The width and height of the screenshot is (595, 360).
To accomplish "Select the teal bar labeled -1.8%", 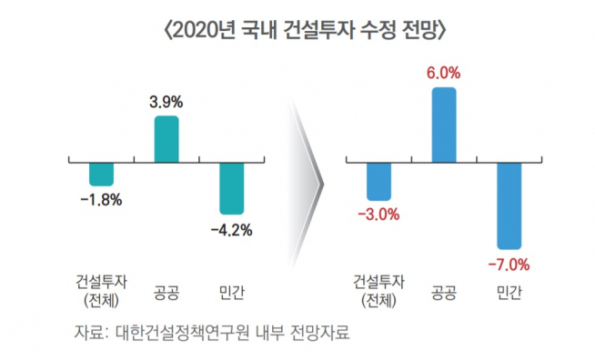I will pyautogui.click(x=101, y=174).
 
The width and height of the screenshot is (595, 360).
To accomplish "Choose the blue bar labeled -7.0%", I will pyautogui.click(x=509, y=205).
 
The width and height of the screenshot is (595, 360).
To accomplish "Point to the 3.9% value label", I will pyautogui.click(x=166, y=101).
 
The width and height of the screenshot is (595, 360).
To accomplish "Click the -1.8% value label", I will pyautogui.click(x=101, y=199).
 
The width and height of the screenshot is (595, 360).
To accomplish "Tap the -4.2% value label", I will pyautogui.click(x=231, y=230).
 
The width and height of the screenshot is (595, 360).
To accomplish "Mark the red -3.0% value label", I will pyautogui.click(x=378, y=215).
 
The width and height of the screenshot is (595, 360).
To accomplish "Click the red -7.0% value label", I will pyautogui.click(x=509, y=265).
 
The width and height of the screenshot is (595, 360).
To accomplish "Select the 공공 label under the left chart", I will pyautogui.click(x=166, y=293).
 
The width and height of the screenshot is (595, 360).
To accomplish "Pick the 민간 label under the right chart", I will pyautogui.click(x=509, y=293).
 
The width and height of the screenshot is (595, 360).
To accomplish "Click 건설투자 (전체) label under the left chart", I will pyautogui.click(x=101, y=291).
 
